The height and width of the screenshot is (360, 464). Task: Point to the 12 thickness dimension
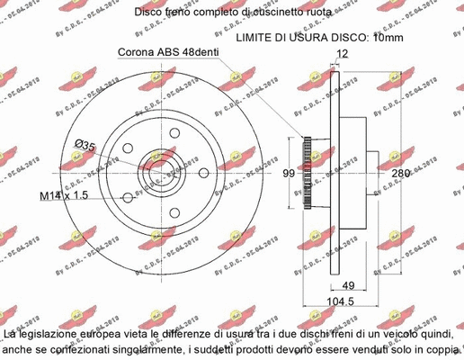[341, 53]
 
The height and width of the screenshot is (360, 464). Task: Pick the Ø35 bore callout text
[85, 144]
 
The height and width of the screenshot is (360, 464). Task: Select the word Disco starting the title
[149, 12]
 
